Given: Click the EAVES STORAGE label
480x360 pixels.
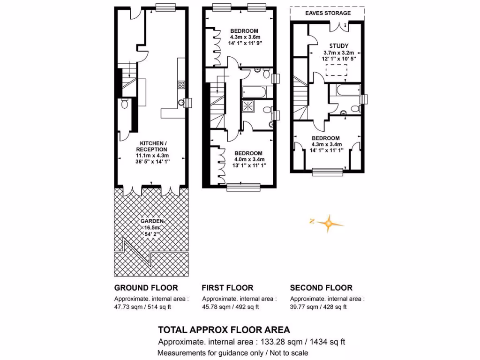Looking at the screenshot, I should (x=327, y=14).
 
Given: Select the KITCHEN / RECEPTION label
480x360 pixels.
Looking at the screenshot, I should (x=151, y=146).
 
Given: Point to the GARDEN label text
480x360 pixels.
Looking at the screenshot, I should (x=151, y=221).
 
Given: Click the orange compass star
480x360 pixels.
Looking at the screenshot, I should (x=329, y=224).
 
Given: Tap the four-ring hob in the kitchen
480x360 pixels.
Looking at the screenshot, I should (x=180, y=85).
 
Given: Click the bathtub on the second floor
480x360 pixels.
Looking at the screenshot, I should (x=345, y=90).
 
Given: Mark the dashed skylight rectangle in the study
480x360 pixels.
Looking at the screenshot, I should (x=336, y=70).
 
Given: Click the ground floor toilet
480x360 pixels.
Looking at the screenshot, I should (x=124, y=104).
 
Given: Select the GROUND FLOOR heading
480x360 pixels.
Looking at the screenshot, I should (x=146, y=288).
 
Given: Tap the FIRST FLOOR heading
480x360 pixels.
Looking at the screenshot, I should (x=227, y=288).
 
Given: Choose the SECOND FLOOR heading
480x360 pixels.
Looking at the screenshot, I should (x=321, y=288).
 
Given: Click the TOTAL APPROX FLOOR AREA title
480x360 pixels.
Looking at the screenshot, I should (x=224, y=330).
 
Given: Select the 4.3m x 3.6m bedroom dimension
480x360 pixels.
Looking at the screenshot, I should (x=244, y=37).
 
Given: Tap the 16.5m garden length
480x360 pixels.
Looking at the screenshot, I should (x=151, y=228).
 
